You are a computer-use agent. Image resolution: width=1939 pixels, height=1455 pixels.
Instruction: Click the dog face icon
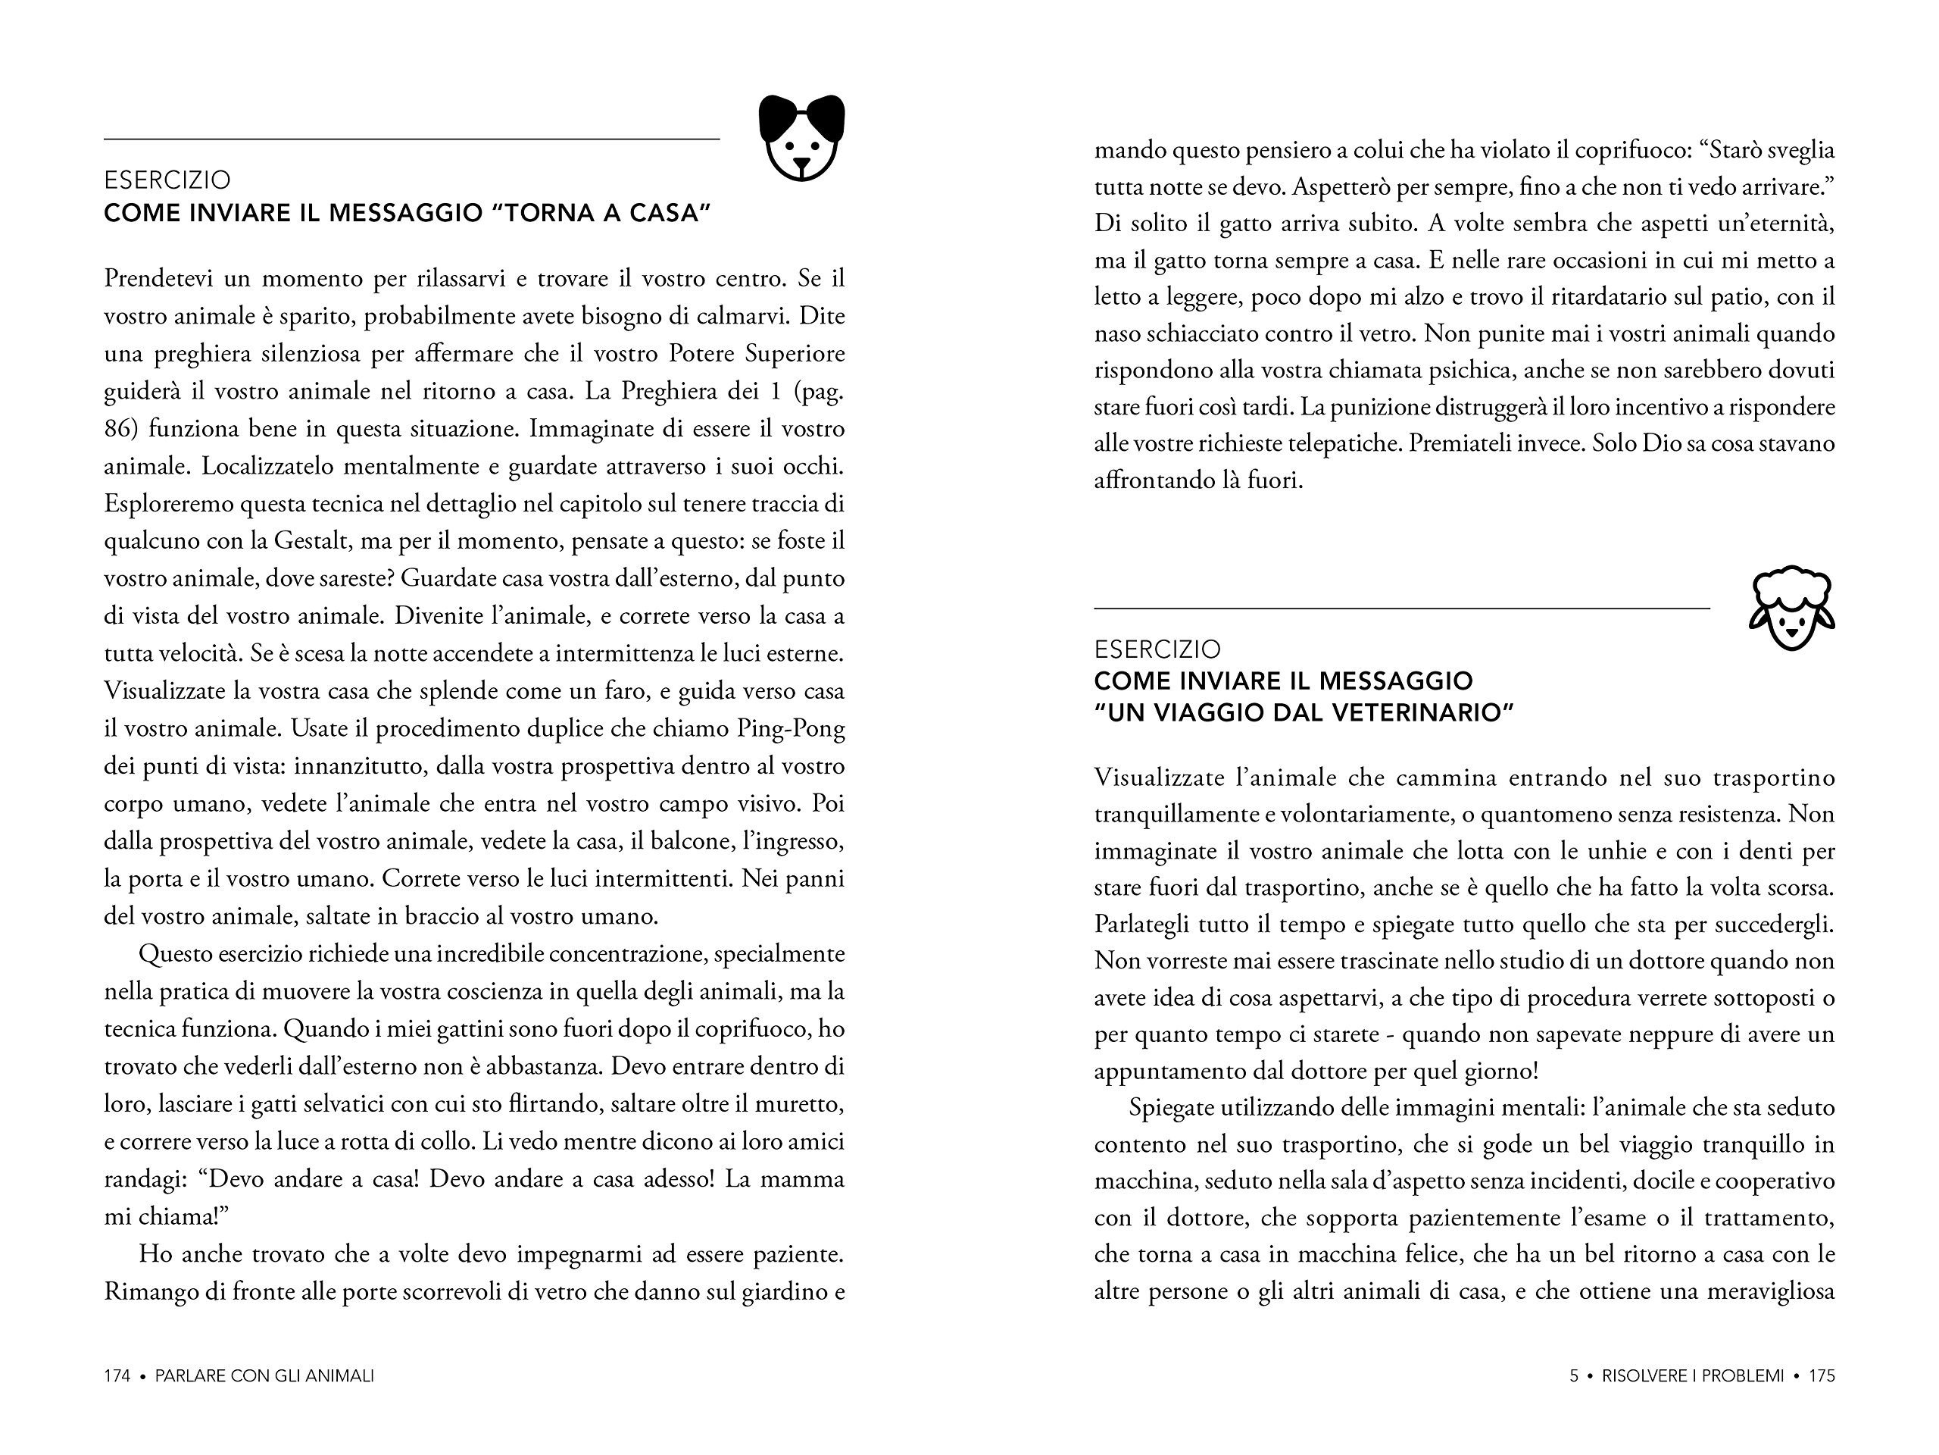801,139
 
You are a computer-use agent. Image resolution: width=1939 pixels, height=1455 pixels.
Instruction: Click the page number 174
117,1376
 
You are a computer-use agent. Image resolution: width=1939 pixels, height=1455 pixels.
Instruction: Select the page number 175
1822,1376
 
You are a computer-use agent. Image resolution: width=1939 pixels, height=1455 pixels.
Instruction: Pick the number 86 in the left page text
123,429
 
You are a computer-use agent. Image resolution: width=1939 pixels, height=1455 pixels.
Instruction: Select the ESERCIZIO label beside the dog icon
167,180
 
